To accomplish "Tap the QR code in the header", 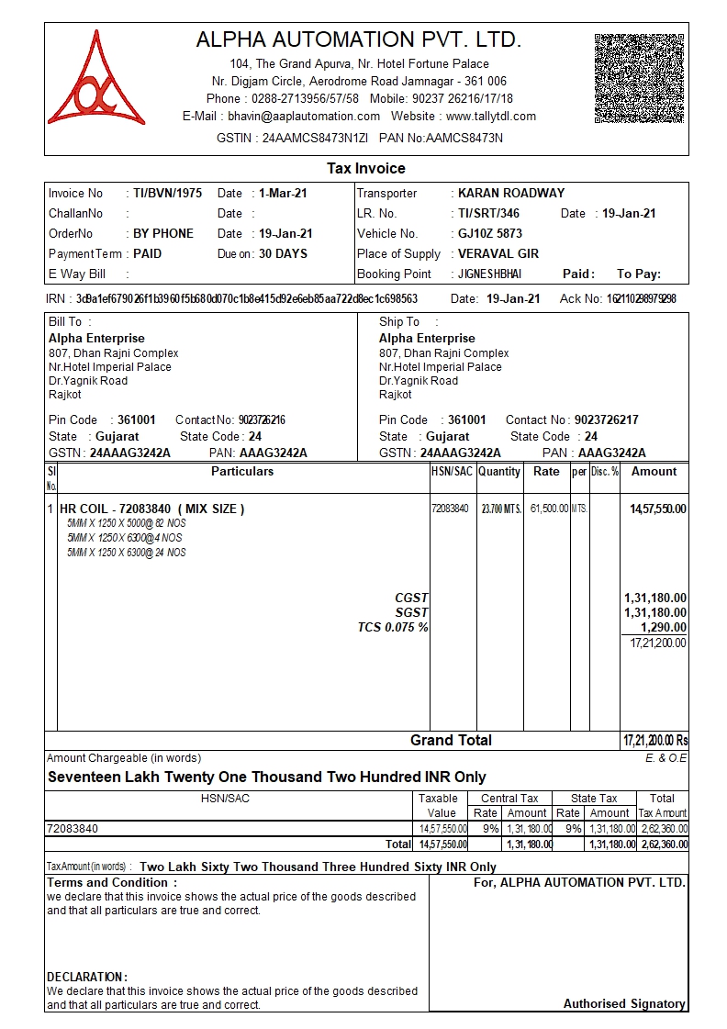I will click(640, 78).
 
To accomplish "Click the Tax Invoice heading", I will click(366, 169).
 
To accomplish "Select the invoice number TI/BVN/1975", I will click(167, 194).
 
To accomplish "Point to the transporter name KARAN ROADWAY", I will click(511, 194).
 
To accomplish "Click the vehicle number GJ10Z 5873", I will click(490, 234).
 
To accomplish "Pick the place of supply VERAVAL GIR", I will click(498, 254).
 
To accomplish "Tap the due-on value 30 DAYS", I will click(283, 254).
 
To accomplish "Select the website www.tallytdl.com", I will click(490, 117).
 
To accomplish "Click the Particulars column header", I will click(242, 472).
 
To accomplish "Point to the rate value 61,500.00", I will click(549, 509).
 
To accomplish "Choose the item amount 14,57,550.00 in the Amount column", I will click(657, 509).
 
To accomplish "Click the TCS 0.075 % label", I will click(393, 628).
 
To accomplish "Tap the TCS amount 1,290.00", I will click(664, 628).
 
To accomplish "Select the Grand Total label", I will click(451, 741).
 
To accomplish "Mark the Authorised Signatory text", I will click(624, 1004).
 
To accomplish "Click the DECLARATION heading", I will click(87, 977).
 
